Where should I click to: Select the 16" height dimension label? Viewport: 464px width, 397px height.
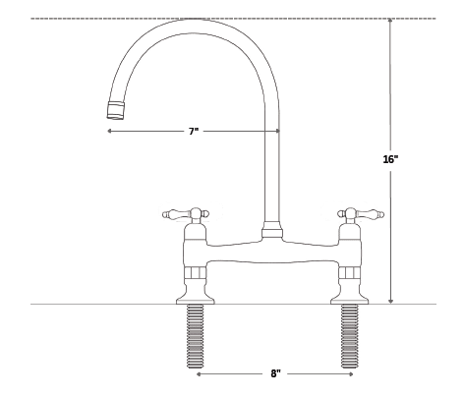[389, 158]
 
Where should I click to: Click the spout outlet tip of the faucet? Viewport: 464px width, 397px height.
[114, 108]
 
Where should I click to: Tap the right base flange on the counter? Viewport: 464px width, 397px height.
[349, 296]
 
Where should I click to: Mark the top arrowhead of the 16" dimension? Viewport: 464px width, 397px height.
[390, 22]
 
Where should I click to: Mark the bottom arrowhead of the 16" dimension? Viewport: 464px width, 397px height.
[390, 301]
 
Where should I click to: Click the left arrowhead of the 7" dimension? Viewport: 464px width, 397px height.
[110, 131]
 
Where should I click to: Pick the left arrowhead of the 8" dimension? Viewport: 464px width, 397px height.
[200, 374]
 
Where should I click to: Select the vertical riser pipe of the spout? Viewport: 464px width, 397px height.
[271, 177]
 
